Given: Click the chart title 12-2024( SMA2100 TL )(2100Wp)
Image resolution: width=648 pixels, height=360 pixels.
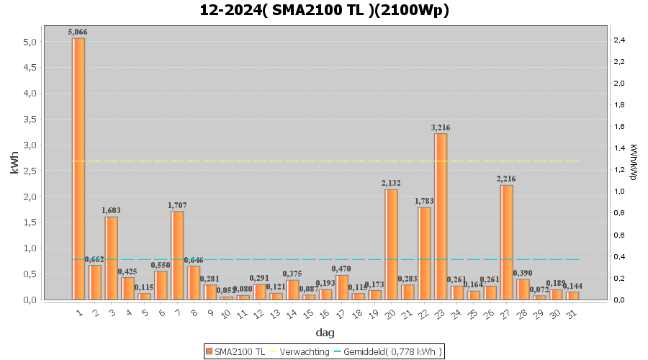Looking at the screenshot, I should tap(324, 10).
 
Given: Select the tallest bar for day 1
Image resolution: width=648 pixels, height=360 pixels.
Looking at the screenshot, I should tap(78, 168).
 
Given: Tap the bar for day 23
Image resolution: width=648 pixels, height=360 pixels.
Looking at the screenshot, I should tap(441, 216).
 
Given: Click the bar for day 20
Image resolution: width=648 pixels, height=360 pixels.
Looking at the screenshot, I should tap(392, 244).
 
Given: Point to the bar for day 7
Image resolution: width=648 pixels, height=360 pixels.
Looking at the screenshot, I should tap(177, 255).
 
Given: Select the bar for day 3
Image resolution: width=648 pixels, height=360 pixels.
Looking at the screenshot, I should tap(112, 258).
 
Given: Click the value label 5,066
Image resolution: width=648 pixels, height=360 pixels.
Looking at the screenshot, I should tap(78, 32).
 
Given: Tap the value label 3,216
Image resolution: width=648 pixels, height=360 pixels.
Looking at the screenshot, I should tap(441, 127).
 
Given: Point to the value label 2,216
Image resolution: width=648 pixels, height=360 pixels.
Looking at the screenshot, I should tap(507, 179).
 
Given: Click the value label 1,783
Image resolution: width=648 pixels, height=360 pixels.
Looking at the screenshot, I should tap(425, 201).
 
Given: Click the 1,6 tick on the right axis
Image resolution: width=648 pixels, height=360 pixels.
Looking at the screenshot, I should tap(619, 127).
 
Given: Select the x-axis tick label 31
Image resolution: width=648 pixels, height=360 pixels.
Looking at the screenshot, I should tap(571, 314).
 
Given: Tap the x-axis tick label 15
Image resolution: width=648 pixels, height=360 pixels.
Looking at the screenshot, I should tap(307, 314).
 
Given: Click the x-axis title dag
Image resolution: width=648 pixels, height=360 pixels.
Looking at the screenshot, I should tap(325, 333).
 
